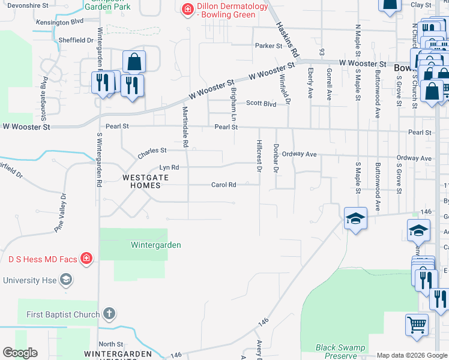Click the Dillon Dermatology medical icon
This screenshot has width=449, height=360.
pos(188,8)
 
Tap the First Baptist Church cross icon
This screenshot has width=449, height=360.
pos(109,314)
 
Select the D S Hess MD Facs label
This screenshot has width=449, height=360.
pos(43,259)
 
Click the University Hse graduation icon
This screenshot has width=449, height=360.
pos(66,280)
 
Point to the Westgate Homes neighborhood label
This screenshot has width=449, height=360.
pos(142,181)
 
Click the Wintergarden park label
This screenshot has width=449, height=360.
pos(156,245)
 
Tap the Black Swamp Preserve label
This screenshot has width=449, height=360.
pos(340,352)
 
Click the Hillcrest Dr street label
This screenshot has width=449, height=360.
pos(260,157)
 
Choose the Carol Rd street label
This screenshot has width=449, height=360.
pos(223,185)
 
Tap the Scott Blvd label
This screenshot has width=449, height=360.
pos(261,103)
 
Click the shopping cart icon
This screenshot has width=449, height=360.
pos(417,325)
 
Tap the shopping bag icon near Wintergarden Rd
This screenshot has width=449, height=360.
pos(134,62)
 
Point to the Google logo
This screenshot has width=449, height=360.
pos(21,353)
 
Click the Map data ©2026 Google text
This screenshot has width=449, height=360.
pos(412,355)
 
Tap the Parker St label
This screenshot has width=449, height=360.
pos(268,46)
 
